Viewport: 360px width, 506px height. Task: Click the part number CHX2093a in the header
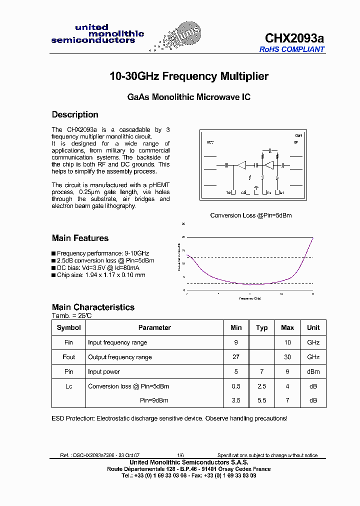[294, 38]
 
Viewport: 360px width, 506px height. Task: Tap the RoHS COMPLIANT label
[292, 49]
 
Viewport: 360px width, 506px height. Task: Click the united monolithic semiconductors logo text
[97, 34]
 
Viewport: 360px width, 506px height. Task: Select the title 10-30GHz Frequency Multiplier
[189, 76]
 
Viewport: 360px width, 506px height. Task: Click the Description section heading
[75, 114]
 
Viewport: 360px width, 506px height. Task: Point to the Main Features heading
[80, 238]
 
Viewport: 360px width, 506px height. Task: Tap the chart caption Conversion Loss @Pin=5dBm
[250, 215]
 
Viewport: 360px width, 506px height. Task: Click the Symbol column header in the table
[69, 327]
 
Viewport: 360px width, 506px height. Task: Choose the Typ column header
[262, 327]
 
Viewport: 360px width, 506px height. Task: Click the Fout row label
[69, 357]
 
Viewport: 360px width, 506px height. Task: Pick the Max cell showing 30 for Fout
[287, 357]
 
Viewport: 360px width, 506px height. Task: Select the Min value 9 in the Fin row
[236, 342]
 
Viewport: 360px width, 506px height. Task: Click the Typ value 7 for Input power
[262, 371]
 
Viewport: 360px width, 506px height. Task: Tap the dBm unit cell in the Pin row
[313, 371]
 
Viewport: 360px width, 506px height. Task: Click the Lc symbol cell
[69, 386]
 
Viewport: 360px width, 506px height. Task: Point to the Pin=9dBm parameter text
[154, 400]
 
